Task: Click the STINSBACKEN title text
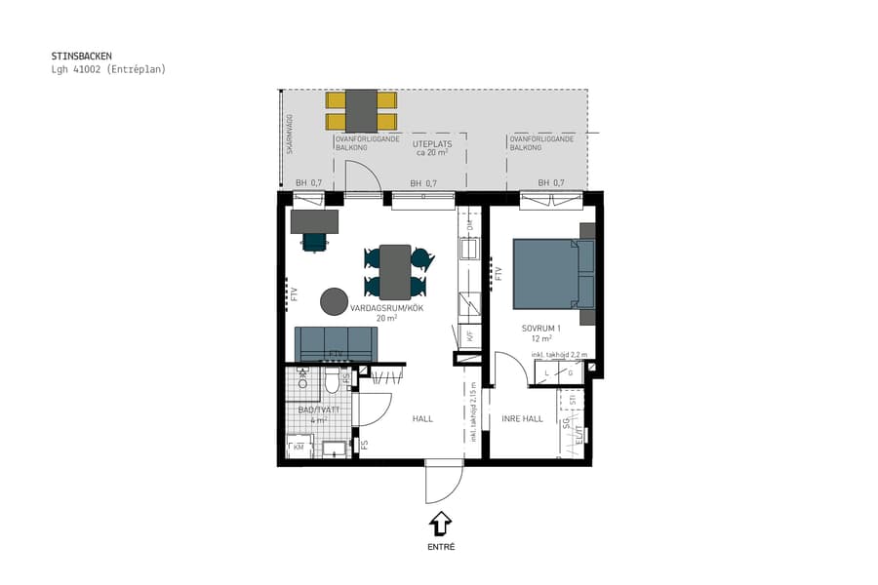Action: pyautogui.click(x=82, y=57)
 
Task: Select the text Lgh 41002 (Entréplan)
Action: pyautogui.click(x=108, y=69)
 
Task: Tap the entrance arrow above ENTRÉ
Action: pyautogui.click(x=440, y=524)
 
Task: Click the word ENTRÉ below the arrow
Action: pyautogui.click(x=441, y=547)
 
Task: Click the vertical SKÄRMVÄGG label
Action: pyautogui.click(x=290, y=133)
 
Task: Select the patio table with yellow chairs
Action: pyautogui.click(x=361, y=110)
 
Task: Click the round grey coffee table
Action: pyautogui.click(x=335, y=300)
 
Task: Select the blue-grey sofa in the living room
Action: pyautogui.click(x=336, y=343)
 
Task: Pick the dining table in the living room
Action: pyautogui.click(x=395, y=271)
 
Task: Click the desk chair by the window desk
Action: pyautogui.click(x=314, y=240)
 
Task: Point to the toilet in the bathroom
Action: pyautogui.click(x=332, y=381)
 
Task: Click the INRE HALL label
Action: pyautogui.click(x=521, y=418)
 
